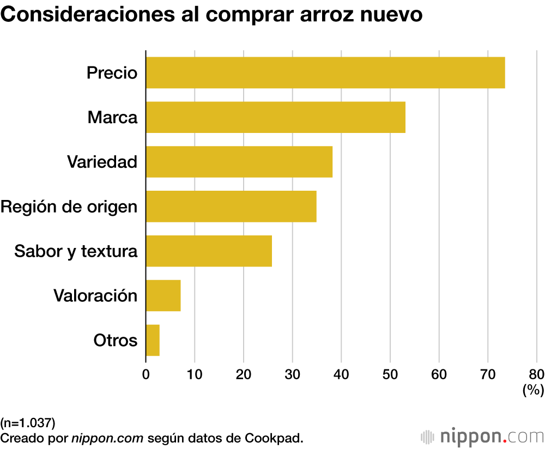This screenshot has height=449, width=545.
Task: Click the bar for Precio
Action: (x=325, y=72)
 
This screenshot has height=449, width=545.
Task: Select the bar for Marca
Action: (x=275, y=117)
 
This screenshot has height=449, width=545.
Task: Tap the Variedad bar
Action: (x=239, y=162)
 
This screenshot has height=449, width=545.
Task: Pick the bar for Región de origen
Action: (x=231, y=207)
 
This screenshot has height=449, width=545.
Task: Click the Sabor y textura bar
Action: (x=209, y=251)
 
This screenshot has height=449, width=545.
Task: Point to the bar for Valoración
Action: (x=163, y=296)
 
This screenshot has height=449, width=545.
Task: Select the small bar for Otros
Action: (x=153, y=341)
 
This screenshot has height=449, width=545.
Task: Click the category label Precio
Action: (x=112, y=72)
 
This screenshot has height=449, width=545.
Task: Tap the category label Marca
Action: (x=112, y=117)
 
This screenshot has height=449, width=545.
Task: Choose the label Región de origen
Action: (x=69, y=207)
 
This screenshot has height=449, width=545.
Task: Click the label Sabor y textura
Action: (x=76, y=251)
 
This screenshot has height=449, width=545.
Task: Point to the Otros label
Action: (x=115, y=341)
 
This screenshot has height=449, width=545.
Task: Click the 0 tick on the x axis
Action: (x=146, y=374)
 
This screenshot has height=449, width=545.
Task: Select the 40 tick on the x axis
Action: (x=341, y=374)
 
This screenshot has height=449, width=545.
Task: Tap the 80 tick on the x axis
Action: (x=536, y=374)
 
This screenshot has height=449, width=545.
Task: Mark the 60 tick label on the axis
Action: (x=439, y=374)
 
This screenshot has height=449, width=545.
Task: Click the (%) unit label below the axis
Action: (x=533, y=390)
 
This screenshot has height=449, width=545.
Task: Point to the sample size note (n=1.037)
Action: (x=28, y=422)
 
